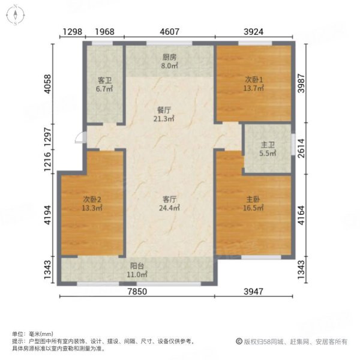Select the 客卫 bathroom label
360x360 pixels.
pyautogui.click(x=106, y=79)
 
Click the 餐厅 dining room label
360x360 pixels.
pyautogui.click(x=164, y=110)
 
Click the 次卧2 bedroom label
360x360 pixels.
pyautogui.click(x=92, y=200)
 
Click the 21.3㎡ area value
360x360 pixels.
pyautogui.click(x=164, y=119)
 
